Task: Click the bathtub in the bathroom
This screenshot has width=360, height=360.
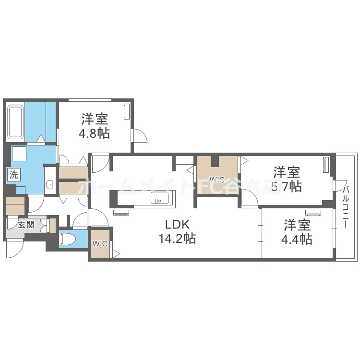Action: pos(15,122)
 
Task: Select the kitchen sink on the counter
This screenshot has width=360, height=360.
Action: pos(158,198)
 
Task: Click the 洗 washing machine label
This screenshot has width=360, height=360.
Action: pos(13,175)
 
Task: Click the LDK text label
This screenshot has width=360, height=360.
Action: pos(178,225)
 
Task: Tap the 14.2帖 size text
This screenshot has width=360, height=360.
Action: pos(178,238)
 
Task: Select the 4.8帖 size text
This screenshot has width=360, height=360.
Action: pos(94,132)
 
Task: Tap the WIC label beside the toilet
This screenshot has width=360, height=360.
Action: pos(100,244)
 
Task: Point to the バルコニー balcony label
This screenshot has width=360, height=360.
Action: pos(347,206)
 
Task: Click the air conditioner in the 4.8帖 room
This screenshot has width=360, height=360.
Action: pos(127,111)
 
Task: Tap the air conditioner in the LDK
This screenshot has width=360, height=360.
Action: pos(121,212)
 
